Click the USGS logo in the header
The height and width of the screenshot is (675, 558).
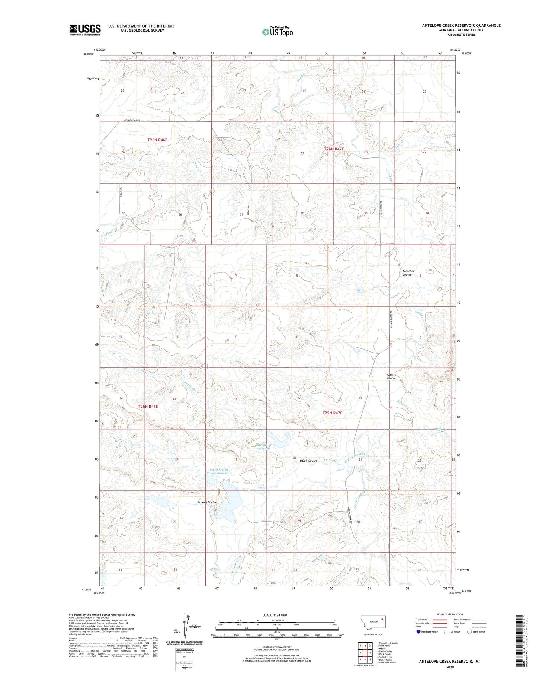[85, 30]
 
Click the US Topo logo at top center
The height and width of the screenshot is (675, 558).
[277, 32]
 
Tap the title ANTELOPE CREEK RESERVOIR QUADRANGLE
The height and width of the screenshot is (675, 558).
[461, 25]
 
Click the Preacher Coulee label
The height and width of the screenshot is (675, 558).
[408, 273]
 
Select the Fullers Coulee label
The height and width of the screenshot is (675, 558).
[391, 376]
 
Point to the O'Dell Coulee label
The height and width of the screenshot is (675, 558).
[308, 461]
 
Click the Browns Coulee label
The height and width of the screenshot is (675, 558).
[207, 502]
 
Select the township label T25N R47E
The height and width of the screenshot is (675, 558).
[332, 413]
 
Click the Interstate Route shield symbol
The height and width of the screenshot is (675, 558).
[418, 631]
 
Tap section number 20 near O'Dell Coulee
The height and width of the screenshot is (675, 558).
[294, 458]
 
